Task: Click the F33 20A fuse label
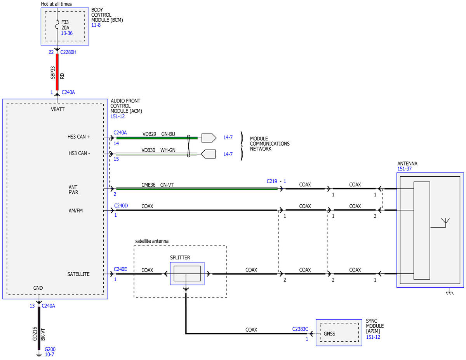[x=65, y=25]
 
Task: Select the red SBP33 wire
[x=57, y=72]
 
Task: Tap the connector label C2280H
[x=68, y=52]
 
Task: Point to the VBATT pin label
[x=58, y=110]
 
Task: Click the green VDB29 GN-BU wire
[x=157, y=138]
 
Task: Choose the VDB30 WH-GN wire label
[x=158, y=150]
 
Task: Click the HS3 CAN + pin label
[x=79, y=137]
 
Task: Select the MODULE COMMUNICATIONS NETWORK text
[x=270, y=144]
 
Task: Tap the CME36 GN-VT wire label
[x=157, y=185]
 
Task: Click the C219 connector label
[x=272, y=181]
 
